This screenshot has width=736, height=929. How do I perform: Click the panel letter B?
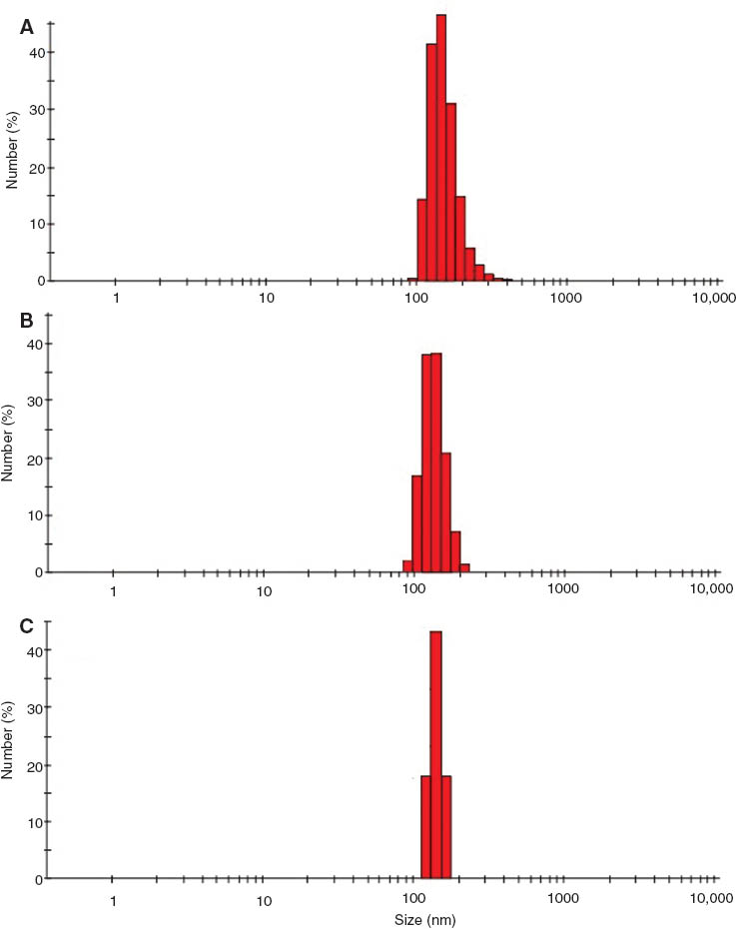click(27, 322)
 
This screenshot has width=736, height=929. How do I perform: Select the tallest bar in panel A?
click(441, 150)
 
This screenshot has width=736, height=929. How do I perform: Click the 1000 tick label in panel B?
click(564, 590)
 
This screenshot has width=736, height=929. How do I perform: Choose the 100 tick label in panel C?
click(412, 897)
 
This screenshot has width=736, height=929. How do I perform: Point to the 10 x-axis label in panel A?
click(266, 299)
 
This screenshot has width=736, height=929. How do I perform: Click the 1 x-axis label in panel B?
click(114, 590)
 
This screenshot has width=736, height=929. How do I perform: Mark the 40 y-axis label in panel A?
click(34, 52)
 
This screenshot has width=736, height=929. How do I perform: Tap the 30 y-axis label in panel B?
click(34, 402)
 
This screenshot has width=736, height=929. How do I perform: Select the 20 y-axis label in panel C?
click(34, 765)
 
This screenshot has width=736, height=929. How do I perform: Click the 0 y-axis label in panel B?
click(38, 572)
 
